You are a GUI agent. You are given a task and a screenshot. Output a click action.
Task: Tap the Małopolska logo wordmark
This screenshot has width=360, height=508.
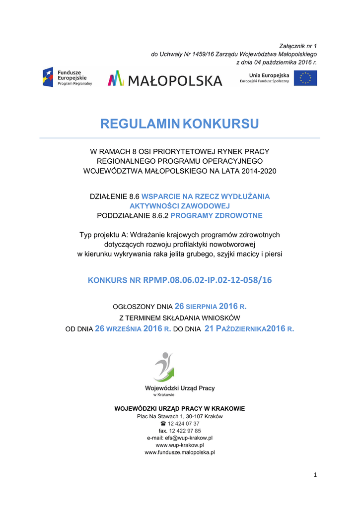click(165, 78)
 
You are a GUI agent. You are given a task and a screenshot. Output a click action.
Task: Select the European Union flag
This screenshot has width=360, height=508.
click(305, 78)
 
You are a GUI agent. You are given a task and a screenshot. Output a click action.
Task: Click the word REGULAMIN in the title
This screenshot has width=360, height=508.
click(140, 124)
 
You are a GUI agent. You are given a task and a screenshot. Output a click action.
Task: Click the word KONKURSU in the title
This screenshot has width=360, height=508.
click(221, 124)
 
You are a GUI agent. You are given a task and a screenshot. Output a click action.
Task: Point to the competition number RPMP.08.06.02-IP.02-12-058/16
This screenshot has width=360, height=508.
click(208, 280)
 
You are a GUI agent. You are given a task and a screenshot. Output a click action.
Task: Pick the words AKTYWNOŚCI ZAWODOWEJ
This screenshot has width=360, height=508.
click(180, 206)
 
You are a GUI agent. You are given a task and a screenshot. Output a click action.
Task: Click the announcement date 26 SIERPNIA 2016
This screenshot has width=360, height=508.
click(211, 307)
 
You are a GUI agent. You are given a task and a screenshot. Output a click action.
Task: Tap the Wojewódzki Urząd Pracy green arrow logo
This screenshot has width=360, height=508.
click(164, 367)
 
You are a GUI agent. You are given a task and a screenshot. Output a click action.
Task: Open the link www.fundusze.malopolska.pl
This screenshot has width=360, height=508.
click(180, 452)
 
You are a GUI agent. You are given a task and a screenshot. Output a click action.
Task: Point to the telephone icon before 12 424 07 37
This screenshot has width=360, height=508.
click(163, 424)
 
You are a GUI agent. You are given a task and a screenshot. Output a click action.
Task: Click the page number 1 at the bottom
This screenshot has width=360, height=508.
click(315, 475)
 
